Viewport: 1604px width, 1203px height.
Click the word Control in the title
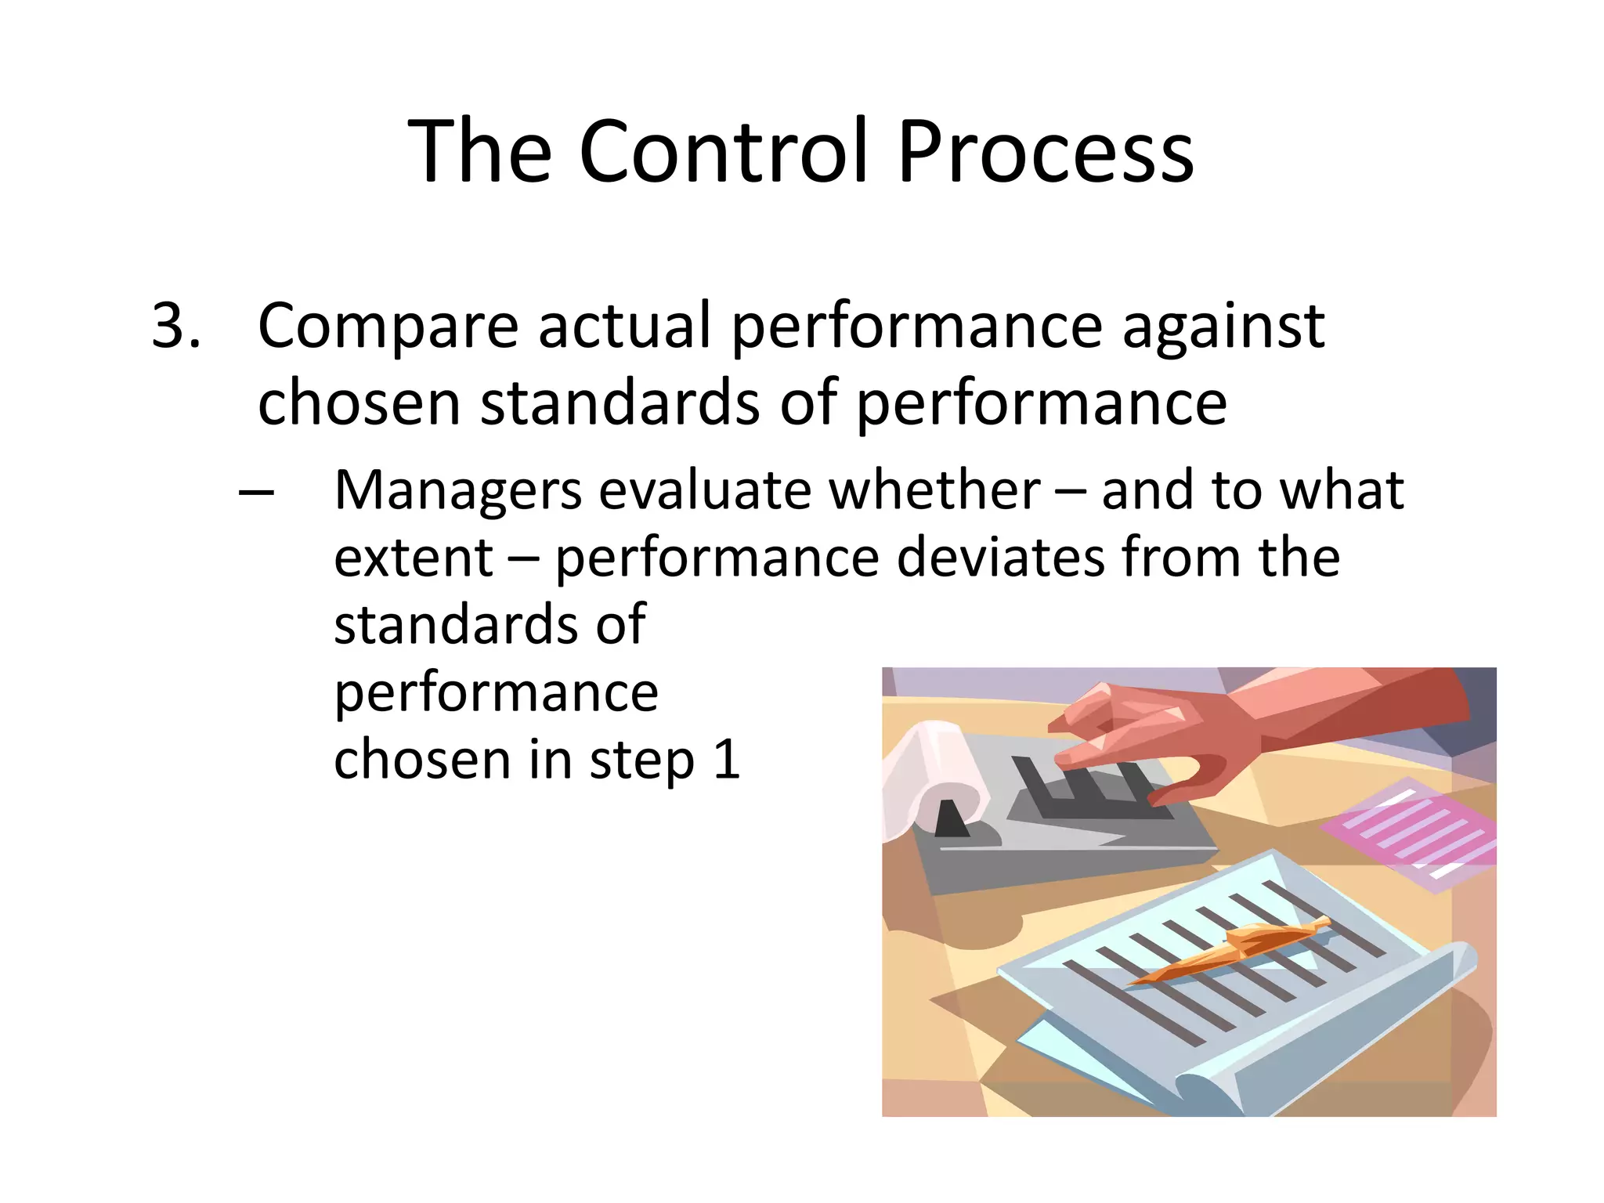coord(724,151)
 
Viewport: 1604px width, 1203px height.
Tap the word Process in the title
coord(1046,151)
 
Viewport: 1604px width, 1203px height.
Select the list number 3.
coord(175,325)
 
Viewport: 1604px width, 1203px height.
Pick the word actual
coord(624,325)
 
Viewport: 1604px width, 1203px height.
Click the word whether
coord(934,491)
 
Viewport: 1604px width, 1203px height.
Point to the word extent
coord(413,559)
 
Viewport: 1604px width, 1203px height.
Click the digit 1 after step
coord(728,760)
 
